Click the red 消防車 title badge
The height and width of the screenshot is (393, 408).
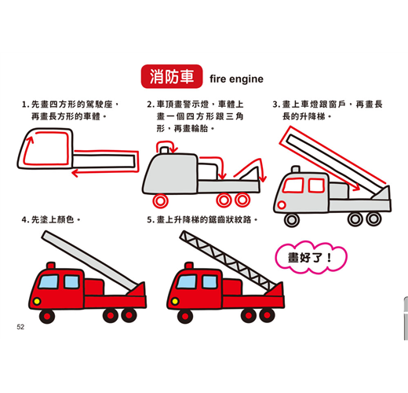pyautogui.click(x=172, y=76)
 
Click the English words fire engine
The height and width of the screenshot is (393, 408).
pyautogui.click(x=236, y=79)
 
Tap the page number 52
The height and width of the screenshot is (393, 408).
pyautogui.click(x=20, y=327)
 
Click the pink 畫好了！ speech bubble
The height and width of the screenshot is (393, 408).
pyautogui.click(x=311, y=257)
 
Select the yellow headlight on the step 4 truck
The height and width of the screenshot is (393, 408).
pyautogui.click(x=37, y=301)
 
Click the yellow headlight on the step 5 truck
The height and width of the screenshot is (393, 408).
pyautogui.click(x=175, y=301)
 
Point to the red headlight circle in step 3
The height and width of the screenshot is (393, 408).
pyautogui.click(x=282, y=204)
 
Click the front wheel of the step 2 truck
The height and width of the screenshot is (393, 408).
pyautogui.click(x=160, y=201)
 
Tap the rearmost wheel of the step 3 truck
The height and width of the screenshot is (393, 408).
pyautogui.click(x=373, y=219)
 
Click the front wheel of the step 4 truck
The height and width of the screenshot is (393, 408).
pyautogui.click(x=47, y=316)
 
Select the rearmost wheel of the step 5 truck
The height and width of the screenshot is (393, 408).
pyautogui.click(x=267, y=315)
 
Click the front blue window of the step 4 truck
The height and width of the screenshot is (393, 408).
pyautogui.click(x=49, y=281)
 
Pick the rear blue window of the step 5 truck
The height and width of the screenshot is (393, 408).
pyautogui.click(x=209, y=281)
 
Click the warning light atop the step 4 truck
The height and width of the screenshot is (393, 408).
pyautogui.click(x=51, y=266)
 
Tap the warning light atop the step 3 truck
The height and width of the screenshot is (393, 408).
pyautogui.click(x=296, y=169)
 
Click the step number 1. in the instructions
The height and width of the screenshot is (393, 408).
pyautogui.click(x=25, y=105)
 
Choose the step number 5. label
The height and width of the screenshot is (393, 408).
pyautogui.click(x=150, y=220)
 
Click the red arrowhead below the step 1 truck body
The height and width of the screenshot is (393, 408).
pyautogui.click(x=75, y=173)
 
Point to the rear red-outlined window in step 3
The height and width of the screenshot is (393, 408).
pyautogui.click(x=316, y=185)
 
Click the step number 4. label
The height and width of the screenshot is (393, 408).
pyautogui.click(x=25, y=220)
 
